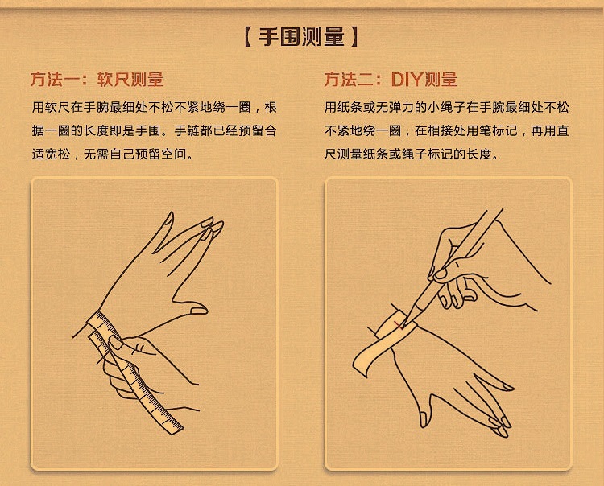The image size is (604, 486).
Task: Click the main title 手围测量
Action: coord(301,37)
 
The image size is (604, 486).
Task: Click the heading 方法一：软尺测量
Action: coord(97,80)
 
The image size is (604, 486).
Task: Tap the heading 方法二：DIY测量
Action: coord(391,80)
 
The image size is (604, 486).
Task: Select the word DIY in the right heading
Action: coord(407,80)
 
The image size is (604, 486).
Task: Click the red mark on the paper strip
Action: coord(399,327)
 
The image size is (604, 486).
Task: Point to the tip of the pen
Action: coord(402,328)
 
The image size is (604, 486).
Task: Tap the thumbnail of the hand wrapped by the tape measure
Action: coord(199,310)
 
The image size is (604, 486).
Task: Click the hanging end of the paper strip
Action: coord(361,364)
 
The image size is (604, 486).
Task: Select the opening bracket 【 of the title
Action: coord(248,37)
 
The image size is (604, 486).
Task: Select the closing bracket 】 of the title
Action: coord(354,37)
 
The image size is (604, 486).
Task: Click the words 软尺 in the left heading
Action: coord(114,80)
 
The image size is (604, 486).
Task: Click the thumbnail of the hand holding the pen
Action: coord(441,274)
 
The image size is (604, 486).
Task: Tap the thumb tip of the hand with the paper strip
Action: coord(424,419)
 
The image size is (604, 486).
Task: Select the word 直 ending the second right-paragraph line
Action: coord(563,131)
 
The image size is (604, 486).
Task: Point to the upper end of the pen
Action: coord(500,210)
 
